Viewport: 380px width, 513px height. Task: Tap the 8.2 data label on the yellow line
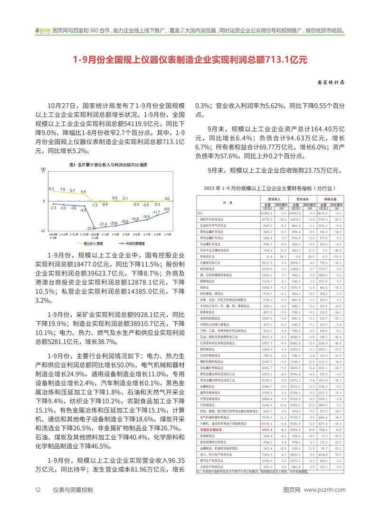(x=52, y=189)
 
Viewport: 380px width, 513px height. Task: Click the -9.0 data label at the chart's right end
(x=166, y=209)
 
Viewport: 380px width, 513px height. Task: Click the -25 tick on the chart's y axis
(x=43, y=231)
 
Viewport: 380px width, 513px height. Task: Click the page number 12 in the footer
(x=37, y=503)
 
